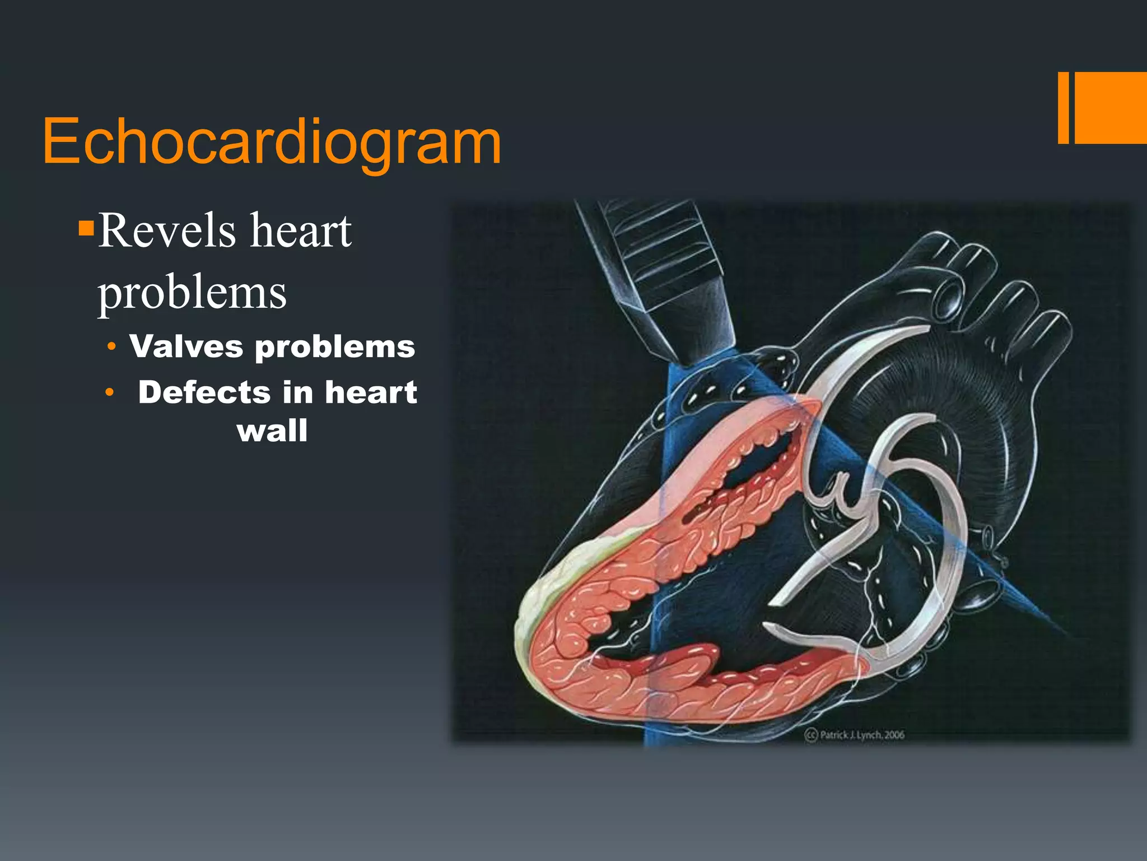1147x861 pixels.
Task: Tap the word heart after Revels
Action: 301,231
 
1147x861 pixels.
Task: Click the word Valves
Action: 186,346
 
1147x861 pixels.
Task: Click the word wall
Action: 272,431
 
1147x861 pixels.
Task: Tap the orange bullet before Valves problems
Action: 112,347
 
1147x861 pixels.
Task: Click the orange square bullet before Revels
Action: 86,228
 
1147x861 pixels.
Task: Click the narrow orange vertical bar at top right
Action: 1063,108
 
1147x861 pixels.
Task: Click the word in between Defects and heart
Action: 297,392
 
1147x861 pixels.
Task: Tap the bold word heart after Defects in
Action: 371,392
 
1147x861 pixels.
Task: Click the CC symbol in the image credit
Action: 812,735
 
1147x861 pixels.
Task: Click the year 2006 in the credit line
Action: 894,735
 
